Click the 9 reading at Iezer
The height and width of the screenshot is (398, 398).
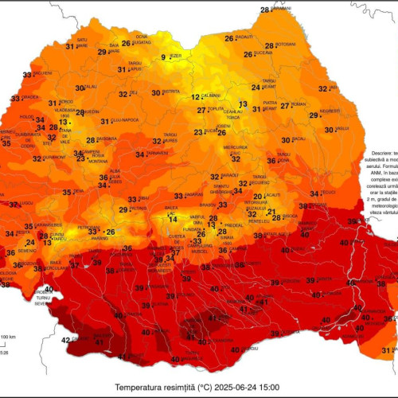[x=165, y=57]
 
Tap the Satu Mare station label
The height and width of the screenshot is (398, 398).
[x=82, y=41]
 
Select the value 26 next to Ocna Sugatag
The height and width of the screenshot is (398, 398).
[x=126, y=43]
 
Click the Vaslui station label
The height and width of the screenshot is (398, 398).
[x=342, y=128]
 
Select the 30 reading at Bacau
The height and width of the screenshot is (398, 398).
[x=286, y=140]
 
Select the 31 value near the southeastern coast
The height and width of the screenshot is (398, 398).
[x=385, y=350]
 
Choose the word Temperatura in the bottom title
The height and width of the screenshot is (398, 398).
[x=141, y=387]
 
